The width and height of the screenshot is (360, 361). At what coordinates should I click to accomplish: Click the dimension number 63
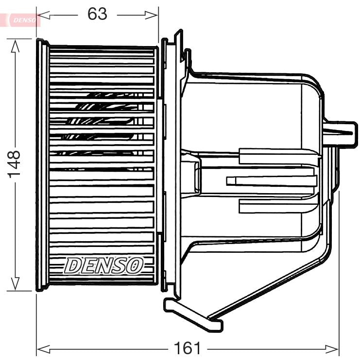tap(97, 14)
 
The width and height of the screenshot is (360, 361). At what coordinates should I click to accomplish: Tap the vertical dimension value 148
tap(15, 164)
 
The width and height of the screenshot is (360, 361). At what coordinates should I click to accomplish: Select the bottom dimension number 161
tap(187, 348)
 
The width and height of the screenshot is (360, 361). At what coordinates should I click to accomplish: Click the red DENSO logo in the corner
tap(22, 19)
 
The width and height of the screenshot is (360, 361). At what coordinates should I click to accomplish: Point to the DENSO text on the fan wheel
tap(104, 265)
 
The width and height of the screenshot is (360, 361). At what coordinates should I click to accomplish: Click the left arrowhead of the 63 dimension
tap(41, 15)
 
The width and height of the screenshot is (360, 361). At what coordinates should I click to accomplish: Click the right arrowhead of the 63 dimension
tap(154, 15)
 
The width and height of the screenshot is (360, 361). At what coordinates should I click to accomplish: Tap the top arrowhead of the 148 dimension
tap(15, 45)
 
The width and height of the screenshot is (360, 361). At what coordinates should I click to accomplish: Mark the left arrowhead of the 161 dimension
tap(41, 348)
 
